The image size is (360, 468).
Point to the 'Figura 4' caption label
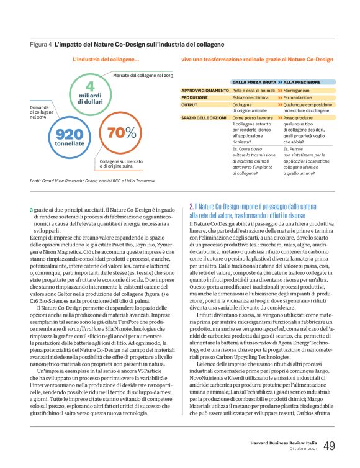point(40,45)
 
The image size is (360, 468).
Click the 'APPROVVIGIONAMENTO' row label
point(200,91)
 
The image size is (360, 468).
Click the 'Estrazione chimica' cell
point(251,97)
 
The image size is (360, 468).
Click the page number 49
point(329,446)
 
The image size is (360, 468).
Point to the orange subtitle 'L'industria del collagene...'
point(106,60)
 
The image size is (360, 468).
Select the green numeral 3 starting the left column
point(31,209)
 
